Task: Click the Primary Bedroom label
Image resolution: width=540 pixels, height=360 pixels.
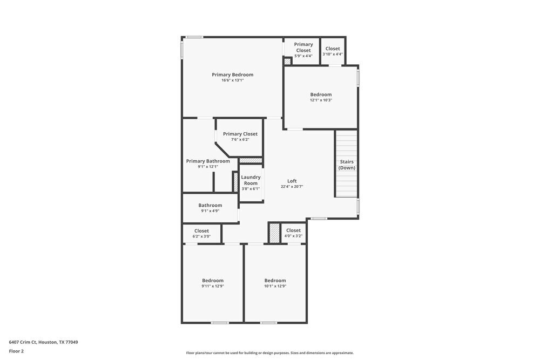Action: point(232,74)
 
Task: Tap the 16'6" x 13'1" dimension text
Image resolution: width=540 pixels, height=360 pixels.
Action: point(232,80)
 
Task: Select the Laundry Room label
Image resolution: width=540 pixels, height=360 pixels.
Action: point(251,180)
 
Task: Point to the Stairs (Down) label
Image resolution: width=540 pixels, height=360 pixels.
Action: point(347,165)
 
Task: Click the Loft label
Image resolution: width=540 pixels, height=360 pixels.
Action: point(292,181)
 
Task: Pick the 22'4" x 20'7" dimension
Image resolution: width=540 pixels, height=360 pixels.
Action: point(292,187)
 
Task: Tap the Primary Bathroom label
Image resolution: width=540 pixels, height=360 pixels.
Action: point(208,161)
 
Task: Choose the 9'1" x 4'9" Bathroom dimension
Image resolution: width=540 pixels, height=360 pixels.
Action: point(210,211)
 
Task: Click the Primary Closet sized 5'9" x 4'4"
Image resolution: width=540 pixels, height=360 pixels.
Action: point(303,47)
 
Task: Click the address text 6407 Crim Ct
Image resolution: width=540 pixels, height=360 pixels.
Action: point(43,342)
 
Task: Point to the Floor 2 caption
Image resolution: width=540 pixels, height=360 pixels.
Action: point(16,351)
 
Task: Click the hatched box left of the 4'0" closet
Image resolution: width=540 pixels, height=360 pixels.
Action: point(274,233)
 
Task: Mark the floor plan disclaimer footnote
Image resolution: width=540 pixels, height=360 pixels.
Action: point(270,353)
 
